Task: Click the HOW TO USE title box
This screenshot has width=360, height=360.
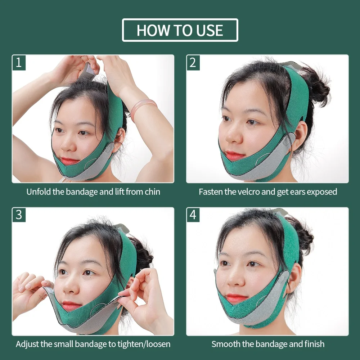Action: coord(180,30)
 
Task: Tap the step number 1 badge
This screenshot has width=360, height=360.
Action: coord(19,62)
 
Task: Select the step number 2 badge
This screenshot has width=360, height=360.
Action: coord(193,62)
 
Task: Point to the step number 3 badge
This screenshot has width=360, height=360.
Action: coord(19,215)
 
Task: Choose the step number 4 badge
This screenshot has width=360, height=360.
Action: coord(193,215)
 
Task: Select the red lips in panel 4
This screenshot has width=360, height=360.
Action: coord(237,298)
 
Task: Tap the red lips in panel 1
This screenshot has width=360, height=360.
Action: coord(69,161)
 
